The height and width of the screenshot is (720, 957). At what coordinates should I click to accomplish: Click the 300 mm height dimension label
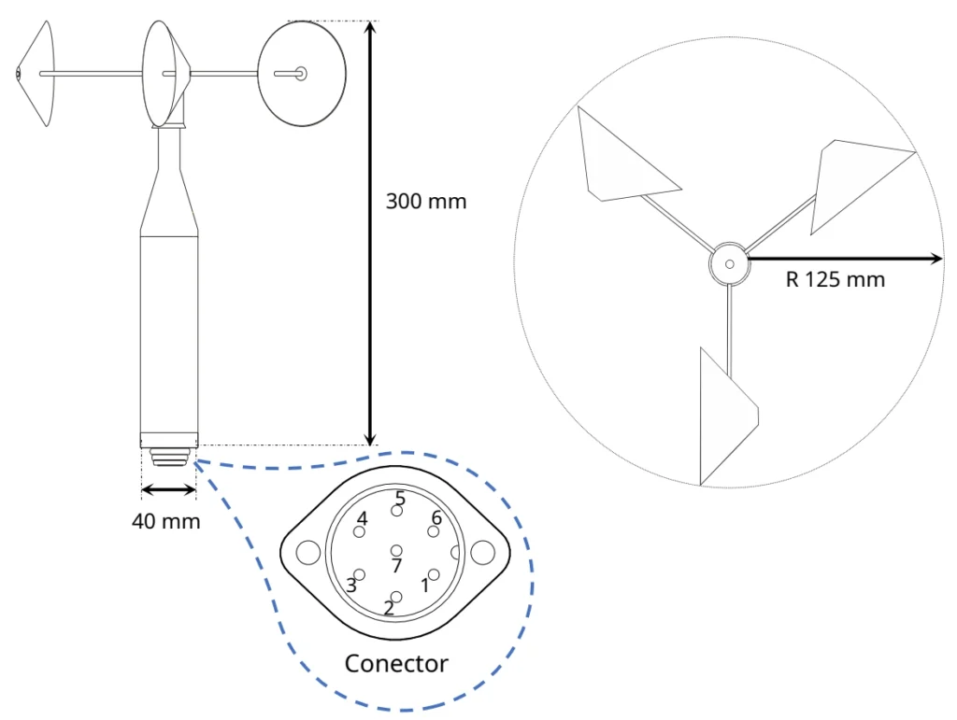tap(425, 201)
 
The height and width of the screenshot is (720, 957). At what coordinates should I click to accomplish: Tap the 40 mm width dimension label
tap(165, 521)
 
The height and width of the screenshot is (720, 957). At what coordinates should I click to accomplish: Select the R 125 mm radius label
tap(835, 279)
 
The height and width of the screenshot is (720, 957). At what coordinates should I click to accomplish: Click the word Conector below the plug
tap(396, 664)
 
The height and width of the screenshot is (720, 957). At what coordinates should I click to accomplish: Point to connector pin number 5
tap(397, 510)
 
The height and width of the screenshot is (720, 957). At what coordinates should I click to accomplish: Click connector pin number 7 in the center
tap(397, 551)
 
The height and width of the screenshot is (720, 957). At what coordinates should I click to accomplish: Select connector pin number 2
tap(396, 597)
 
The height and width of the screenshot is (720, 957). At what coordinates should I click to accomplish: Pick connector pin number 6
tap(433, 531)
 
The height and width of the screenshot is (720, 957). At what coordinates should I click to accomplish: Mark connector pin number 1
tap(433, 574)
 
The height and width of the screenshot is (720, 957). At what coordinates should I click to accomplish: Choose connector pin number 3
tap(359, 575)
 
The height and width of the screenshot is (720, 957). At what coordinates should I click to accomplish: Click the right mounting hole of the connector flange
tap(482, 553)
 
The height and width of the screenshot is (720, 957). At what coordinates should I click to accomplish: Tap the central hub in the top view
tap(728, 265)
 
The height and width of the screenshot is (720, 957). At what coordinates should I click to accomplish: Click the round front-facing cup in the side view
tap(302, 73)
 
